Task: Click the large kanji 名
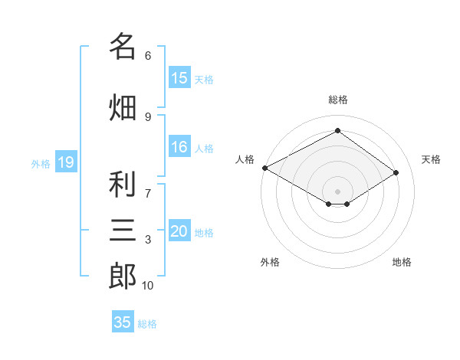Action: pos(123,46)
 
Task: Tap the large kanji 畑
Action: pos(123,107)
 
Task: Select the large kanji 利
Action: pos(123,184)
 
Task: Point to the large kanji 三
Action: pos(123,230)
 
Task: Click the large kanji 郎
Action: pos(123,276)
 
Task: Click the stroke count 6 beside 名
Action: pos(148,56)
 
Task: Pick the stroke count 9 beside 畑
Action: pos(148,117)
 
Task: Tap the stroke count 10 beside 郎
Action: pos(147,286)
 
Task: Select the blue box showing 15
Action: pos(179,77)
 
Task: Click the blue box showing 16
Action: pos(179,146)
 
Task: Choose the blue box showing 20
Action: pos(179,230)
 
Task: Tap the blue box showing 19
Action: pos(66,162)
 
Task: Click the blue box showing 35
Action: pos(123,321)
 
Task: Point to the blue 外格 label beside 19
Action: pos(41,164)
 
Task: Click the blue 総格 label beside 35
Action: pos(147,324)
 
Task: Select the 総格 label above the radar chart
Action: pos(338,100)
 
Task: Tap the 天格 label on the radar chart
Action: pos(431,159)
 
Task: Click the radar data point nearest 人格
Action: pos(265,168)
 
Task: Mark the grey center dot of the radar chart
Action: pos(337,191)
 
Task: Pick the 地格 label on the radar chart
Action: pos(402,262)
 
